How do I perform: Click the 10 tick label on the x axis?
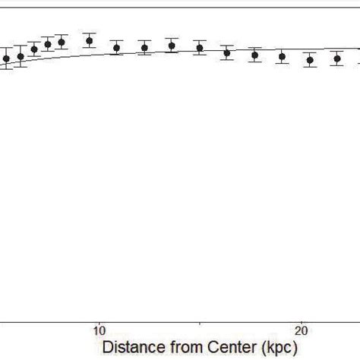(x=98, y=331)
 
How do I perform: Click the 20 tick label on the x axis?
(x=301, y=331)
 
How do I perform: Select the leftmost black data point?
(x=6, y=58)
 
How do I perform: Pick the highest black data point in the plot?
(x=89, y=41)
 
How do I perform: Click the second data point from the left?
(x=21, y=56)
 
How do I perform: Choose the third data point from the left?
(x=34, y=49)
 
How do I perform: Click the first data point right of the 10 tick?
(x=116, y=48)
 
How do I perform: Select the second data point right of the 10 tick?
(x=144, y=48)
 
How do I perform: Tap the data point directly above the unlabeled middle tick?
(x=199, y=48)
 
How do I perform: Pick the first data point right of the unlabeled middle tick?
(x=226, y=53)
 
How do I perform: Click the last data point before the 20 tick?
(x=282, y=56)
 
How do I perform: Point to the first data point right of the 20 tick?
(x=310, y=60)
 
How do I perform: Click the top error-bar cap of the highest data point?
(x=89, y=34)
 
